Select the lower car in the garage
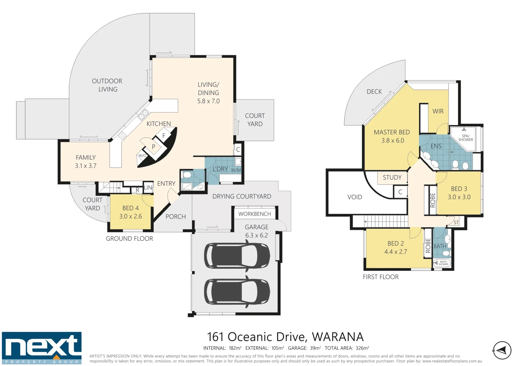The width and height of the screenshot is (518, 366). point(237,292)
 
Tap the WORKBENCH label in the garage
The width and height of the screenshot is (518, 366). point(254,214)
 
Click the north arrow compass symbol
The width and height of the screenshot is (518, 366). point(502,350)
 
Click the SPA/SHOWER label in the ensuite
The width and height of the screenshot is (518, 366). point(465,138)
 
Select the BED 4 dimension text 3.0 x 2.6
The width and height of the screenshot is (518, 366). point(130,216)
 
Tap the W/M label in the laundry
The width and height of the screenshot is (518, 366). point(236,170)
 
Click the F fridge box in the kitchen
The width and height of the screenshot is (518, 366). point(164,136)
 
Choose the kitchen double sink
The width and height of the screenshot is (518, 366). point(143,115)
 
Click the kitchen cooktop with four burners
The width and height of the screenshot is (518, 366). point(122,136)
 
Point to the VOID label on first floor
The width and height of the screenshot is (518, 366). point(354,197)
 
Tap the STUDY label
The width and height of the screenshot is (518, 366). point(392,177)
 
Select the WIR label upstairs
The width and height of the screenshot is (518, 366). point(438,111)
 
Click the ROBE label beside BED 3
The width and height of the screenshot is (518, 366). point(433,200)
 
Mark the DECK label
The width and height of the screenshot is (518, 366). point(374,91)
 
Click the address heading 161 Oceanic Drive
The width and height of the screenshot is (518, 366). point(285,337)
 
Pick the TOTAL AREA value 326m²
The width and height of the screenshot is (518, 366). point(362,348)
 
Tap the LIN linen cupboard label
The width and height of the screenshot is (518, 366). point(148,187)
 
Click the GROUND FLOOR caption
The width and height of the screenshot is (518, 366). point(129,239)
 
